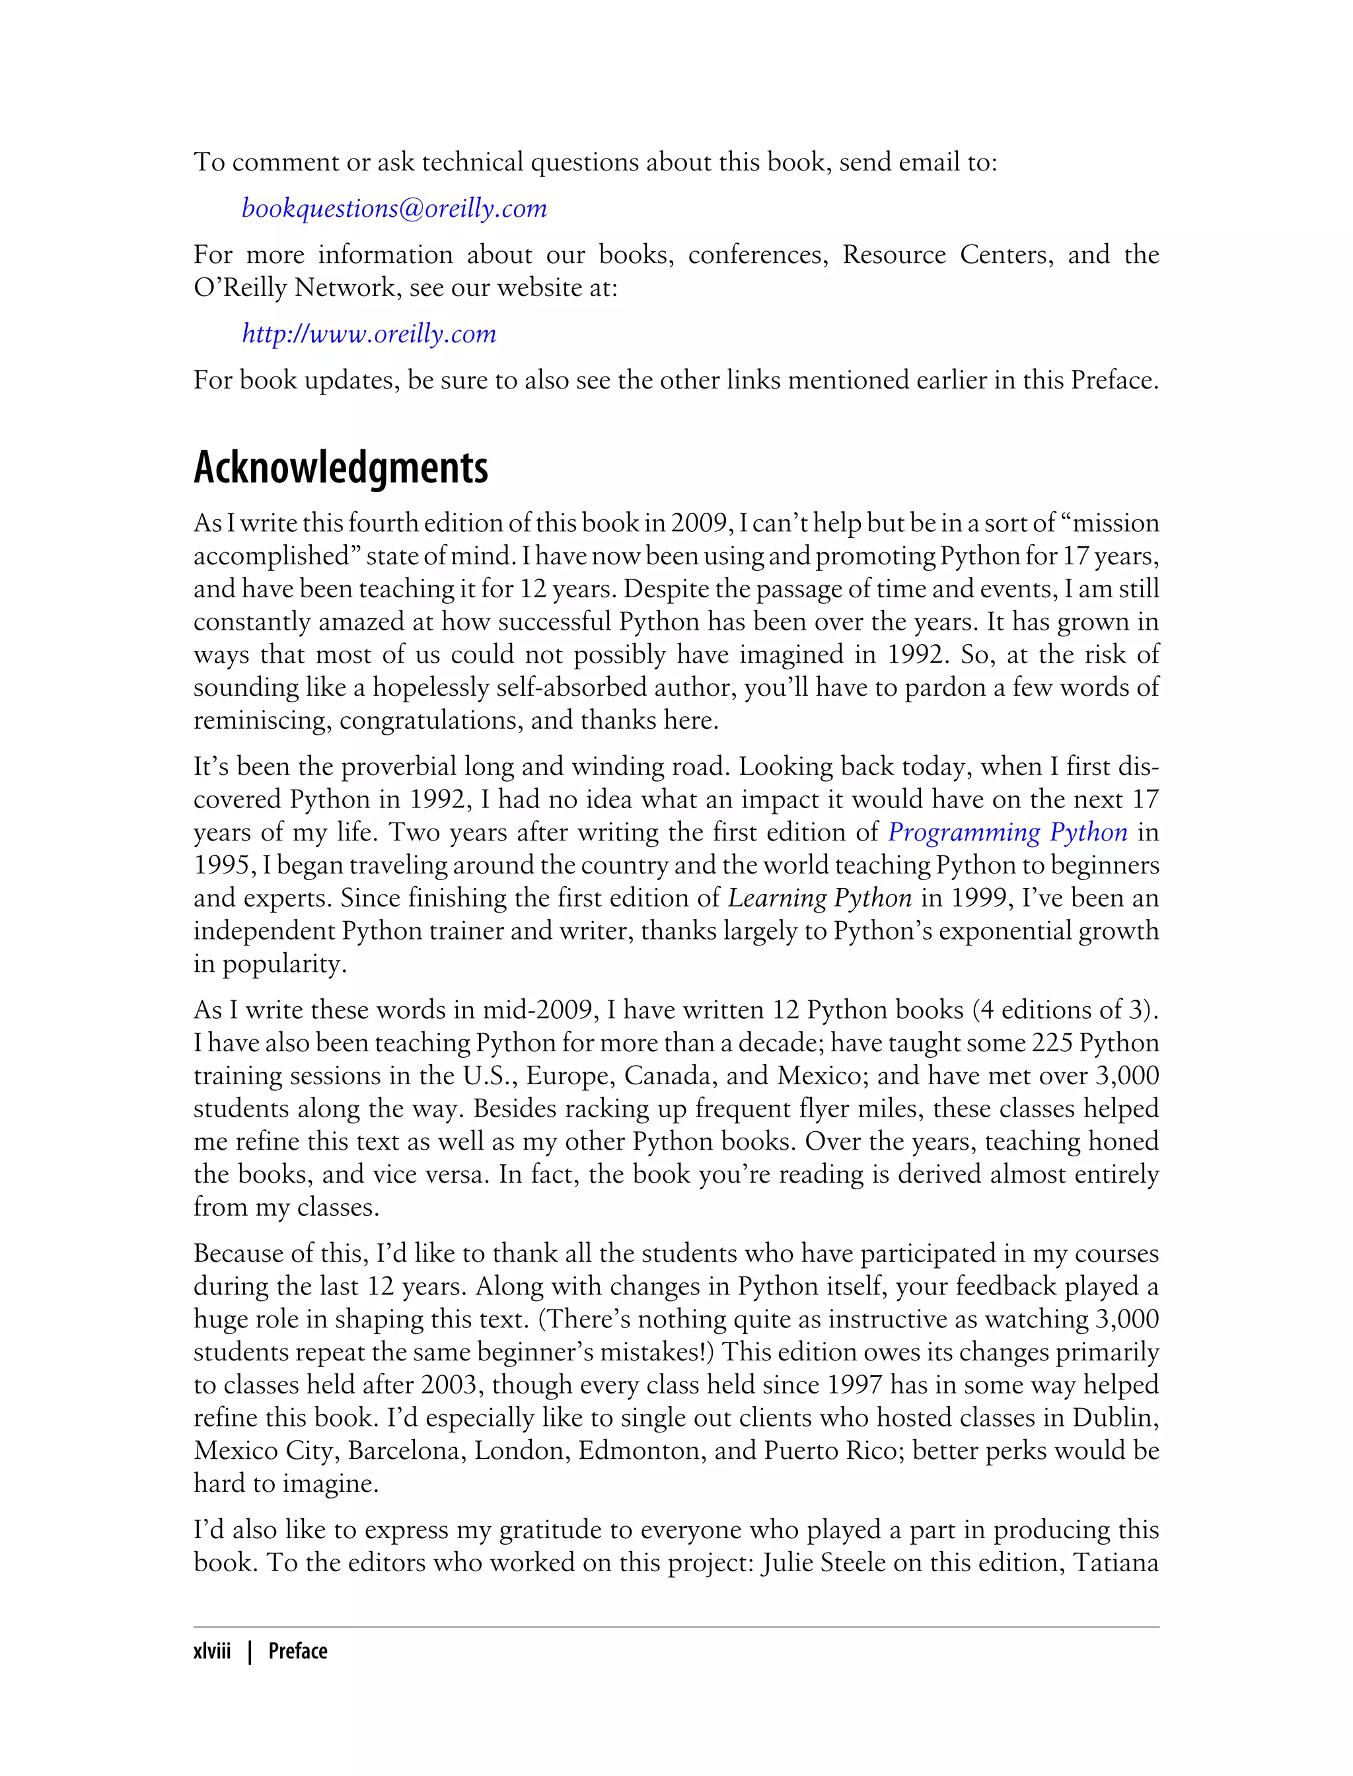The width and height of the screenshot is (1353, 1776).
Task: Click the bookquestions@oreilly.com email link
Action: click(x=394, y=209)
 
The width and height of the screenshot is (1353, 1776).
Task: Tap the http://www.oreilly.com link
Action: click(x=369, y=334)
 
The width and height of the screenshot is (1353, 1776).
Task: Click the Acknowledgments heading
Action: click(x=341, y=467)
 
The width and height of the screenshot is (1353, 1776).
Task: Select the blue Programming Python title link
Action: click(x=1007, y=832)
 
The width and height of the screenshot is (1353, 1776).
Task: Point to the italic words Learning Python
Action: click(x=820, y=898)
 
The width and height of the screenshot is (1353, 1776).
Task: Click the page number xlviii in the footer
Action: click(x=212, y=1650)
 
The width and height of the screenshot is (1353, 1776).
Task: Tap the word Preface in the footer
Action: click(x=298, y=1650)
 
